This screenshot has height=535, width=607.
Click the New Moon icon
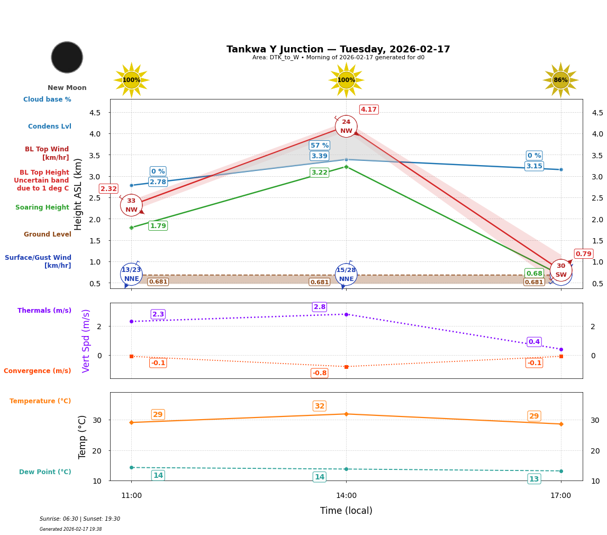(67, 57)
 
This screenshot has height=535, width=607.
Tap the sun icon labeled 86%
(560, 80)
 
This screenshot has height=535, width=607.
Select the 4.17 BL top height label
(368, 110)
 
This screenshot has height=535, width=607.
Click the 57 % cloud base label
(320, 146)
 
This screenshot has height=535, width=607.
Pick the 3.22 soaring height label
(320, 173)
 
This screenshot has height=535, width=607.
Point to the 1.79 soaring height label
(158, 226)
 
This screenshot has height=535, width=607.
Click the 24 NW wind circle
(346, 126)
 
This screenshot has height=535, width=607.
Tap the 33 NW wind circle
(131, 205)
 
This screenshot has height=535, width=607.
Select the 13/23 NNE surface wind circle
(131, 274)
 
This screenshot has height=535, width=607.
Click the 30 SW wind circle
(560, 270)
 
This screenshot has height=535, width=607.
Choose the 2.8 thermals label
(320, 307)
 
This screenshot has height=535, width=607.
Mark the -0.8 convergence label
(320, 373)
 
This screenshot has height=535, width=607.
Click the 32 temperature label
(320, 406)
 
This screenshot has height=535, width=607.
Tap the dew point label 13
(534, 479)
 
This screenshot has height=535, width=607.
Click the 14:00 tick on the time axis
(346, 496)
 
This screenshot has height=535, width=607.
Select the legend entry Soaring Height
(42, 208)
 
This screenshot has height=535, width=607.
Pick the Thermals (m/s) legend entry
(44, 311)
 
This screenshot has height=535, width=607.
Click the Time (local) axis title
(346, 511)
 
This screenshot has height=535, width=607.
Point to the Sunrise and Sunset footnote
(80, 519)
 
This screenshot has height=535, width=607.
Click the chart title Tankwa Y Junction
(338, 49)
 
